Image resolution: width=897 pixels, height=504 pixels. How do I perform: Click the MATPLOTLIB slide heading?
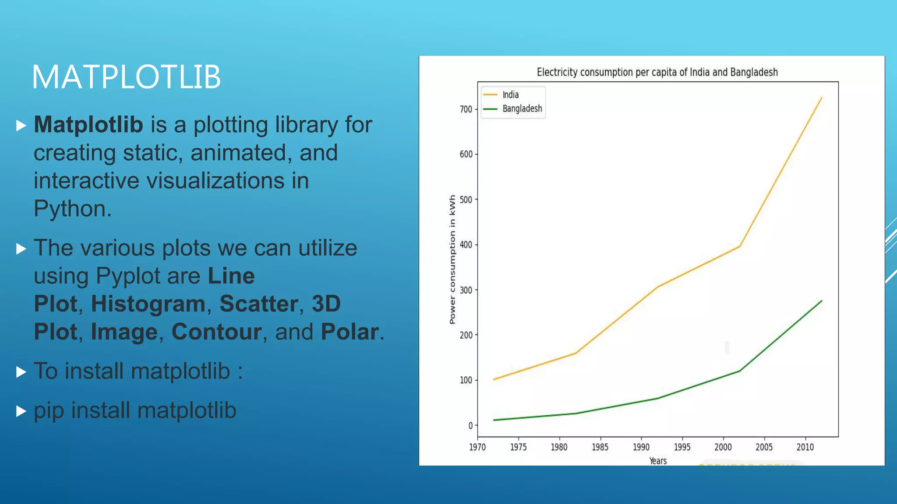(126, 77)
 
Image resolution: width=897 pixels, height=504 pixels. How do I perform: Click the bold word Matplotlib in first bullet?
(88, 125)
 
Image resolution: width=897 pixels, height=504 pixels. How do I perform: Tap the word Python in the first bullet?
(70, 209)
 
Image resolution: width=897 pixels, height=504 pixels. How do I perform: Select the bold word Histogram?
(148, 304)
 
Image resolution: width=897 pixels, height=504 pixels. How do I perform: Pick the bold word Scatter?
(259, 304)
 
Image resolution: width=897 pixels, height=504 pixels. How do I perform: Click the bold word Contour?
(216, 332)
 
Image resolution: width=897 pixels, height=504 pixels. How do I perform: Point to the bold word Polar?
(350, 332)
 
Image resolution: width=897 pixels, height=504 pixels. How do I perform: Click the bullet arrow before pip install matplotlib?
(21, 411)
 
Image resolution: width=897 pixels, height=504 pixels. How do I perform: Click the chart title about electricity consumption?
(657, 72)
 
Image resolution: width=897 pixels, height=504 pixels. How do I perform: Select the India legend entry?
(510, 94)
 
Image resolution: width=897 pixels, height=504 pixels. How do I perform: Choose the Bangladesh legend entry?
(522, 108)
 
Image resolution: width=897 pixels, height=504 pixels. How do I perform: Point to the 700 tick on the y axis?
(466, 109)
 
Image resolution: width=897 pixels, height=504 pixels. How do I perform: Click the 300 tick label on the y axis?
(466, 290)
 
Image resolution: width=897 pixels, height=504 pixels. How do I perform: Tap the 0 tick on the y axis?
(470, 425)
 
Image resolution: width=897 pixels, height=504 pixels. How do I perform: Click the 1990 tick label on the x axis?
(641, 447)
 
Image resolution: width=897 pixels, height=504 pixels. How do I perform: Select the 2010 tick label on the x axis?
(805, 447)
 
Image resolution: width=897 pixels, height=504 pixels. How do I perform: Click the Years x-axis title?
(657, 461)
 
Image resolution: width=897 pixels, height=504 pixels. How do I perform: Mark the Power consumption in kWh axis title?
(452, 259)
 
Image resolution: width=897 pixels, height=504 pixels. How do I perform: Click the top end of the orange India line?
(821, 98)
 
